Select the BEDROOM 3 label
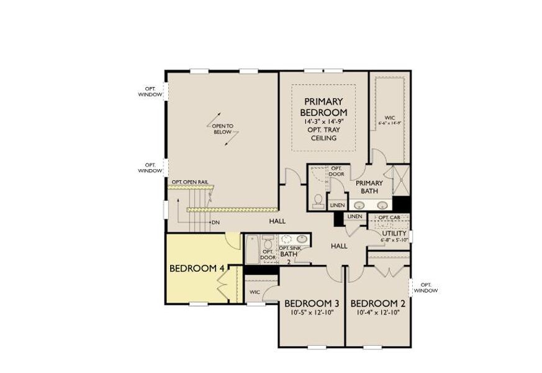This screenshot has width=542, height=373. pos(312,303)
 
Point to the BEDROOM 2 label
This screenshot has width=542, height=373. pos(377,303)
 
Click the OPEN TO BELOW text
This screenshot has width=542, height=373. pos(222,129)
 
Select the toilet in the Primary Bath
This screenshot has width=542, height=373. pos(318,199)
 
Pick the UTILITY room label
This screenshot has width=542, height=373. pos(394,233)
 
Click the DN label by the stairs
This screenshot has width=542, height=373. pos(215,222)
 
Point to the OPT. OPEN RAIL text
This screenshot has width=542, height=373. pos(189,182)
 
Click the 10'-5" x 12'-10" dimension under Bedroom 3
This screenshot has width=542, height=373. pos(312,313)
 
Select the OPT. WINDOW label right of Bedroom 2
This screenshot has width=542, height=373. pos(425,287)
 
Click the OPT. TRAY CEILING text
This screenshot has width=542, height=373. pos(323,134)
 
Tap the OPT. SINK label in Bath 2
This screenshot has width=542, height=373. pos(290,247)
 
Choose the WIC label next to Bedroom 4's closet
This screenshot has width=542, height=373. pos(255,292)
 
